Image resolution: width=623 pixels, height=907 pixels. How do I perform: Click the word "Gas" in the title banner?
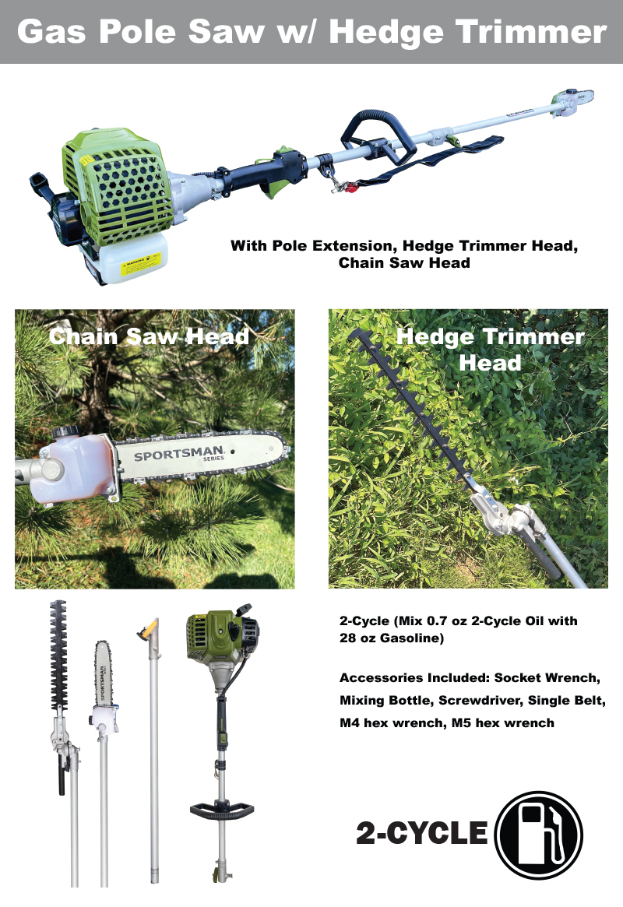(51, 31)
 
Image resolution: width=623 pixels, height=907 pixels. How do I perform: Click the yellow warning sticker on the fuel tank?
(140, 265)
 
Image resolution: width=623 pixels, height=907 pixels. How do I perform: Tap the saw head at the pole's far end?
(572, 101)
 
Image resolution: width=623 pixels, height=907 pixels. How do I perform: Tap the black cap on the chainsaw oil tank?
(66, 433)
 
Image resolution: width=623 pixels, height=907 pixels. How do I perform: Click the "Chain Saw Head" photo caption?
(149, 336)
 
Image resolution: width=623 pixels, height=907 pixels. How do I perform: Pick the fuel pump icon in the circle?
(539, 835)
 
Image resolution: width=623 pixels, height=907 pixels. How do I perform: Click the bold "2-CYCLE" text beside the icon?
(422, 834)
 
